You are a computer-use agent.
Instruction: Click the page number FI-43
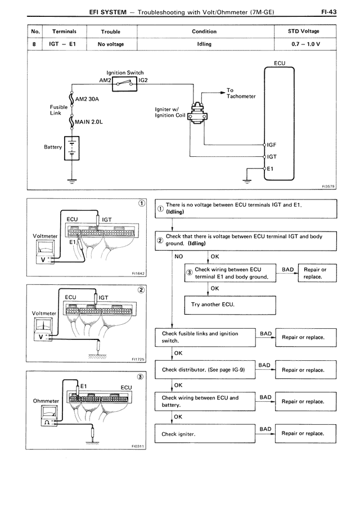coord(328,12)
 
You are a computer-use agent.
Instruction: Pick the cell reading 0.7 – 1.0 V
coord(305,44)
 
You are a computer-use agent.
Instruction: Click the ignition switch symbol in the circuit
coord(124,84)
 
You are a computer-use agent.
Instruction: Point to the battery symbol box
coord(71,148)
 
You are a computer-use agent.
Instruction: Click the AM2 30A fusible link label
coord(87,99)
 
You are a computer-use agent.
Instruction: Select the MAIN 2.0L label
coord(88,122)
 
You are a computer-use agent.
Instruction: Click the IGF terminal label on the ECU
coord(272,145)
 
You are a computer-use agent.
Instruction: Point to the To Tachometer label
coord(241,93)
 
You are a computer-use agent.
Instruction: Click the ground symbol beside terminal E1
coord(247,181)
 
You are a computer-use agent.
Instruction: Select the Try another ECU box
coord(230,305)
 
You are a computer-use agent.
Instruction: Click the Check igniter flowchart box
coord(205,434)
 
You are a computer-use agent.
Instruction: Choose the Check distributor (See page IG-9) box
coord(205,370)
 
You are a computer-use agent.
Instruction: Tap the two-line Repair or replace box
coord(317,273)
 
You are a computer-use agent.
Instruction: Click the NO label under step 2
coord(179,257)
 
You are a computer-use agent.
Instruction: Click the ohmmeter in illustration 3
coord(48,416)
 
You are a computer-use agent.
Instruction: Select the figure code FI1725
coord(138,359)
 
